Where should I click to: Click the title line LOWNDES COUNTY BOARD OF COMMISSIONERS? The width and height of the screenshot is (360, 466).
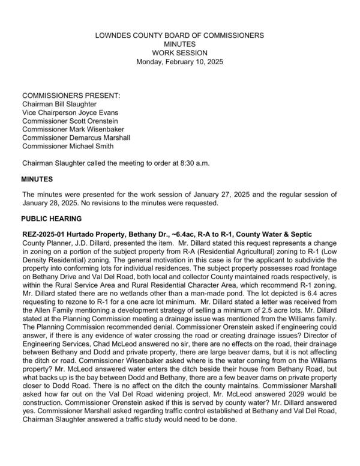(180, 36)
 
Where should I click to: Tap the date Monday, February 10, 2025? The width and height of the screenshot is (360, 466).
(180, 62)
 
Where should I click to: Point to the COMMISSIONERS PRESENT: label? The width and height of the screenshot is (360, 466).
(71, 95)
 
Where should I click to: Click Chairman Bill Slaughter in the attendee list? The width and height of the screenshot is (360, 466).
(59, 104)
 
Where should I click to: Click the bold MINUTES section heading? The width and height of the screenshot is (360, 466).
(37, 179)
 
